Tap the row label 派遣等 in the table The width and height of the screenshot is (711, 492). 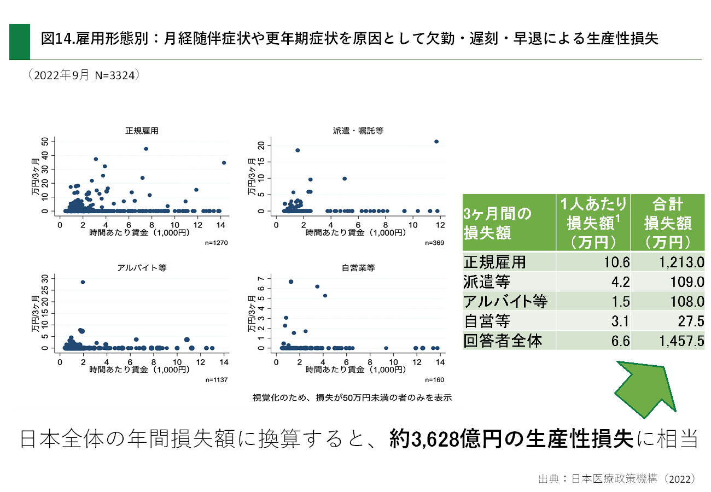pyautogui.click(x=487, y=282)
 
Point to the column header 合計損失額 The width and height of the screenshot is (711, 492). pyautogui.click(x=668, y=222)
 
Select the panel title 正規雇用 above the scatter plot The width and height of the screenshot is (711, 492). pyautogui.click(x=142, y=131)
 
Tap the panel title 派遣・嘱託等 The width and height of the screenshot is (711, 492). pyautogui.click(x=358, y=131)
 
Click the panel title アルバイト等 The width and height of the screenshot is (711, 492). pyautogui.click(x=142, y=268)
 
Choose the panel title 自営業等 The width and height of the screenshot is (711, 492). pyautogui.click(x=358, y=268)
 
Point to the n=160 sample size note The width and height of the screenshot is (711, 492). pyautogui.click(x=434, y=379)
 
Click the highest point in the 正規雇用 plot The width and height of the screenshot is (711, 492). pyautogui.click(x=146, y=149)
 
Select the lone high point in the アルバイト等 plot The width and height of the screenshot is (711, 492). pyautogui.click(x=83, y=282)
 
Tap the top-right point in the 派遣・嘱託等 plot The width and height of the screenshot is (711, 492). pyautogui.click(x=436, y=142)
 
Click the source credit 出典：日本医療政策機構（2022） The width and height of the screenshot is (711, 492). pyautogui.click(x=616, y=479)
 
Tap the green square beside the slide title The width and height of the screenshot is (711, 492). pyautogui.click(x=20, y=42)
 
